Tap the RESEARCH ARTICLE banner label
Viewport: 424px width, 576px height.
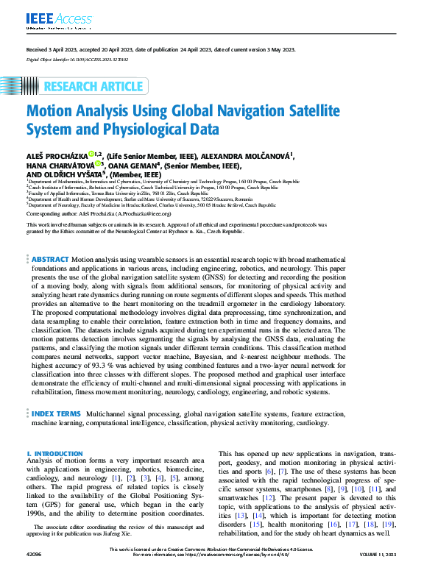click(x=93, y=87)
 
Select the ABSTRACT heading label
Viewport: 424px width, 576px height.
click(x=51, y=260)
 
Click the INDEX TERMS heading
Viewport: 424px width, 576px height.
click(x=56, y=415)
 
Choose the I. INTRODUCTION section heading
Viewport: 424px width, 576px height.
click(x=54, y=454)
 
